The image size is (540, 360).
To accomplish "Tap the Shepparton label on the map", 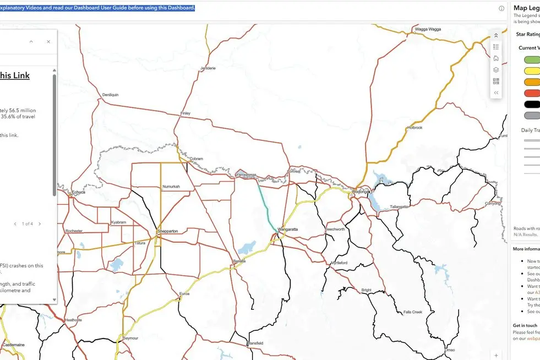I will coord(167,232).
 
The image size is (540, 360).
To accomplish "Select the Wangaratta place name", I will coord(287,229).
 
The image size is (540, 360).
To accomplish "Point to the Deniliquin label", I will coord(110,95).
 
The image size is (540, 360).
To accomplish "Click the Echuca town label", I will coord(79,192).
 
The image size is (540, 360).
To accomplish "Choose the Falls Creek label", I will coord(412,312).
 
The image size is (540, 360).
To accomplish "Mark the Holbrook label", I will coord(414,128).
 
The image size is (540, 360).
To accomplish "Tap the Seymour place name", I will coord(131,337).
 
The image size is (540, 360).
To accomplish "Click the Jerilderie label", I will coord(208,68).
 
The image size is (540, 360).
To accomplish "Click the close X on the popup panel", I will coord(48,41).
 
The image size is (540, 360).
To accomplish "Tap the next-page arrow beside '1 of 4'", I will coord(40,224).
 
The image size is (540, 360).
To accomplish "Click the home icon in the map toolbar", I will coord(496,58).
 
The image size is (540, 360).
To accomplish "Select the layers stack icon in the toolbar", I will coord(496,70).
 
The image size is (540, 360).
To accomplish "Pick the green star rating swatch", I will coord(532,60).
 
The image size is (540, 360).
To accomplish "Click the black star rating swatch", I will coord(532,104).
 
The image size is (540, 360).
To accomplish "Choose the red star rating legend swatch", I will coord(532,93).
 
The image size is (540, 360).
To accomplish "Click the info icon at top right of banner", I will coord(501,8).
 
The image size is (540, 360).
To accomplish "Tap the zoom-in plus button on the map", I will coord(497,355).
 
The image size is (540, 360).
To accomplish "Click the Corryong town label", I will coord(493,204).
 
